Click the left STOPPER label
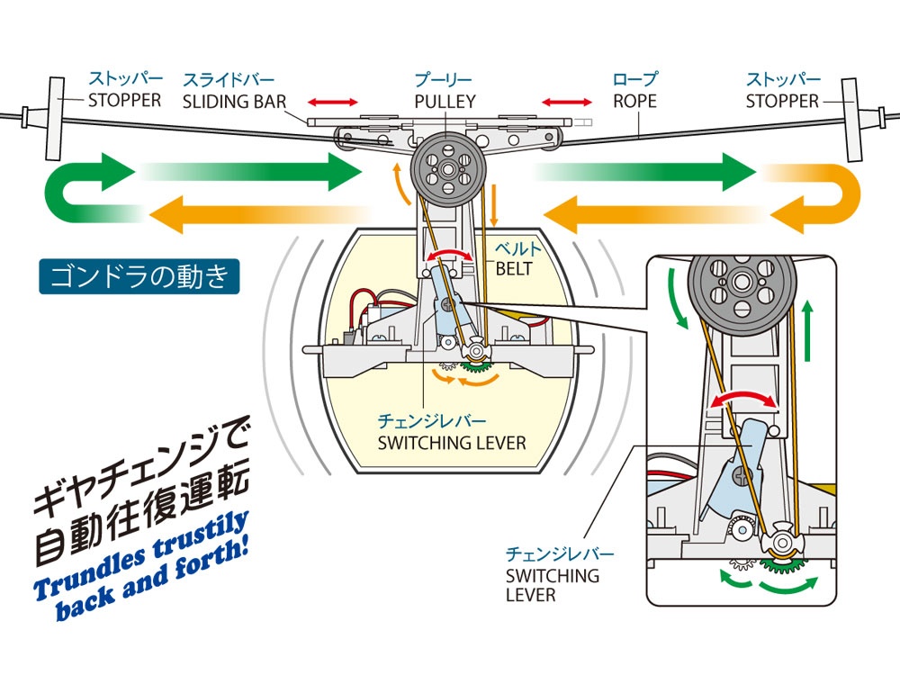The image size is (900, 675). (124, 100)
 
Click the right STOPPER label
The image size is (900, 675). (782, 101)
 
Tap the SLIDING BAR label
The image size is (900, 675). (234, 102)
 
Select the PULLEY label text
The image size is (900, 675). (445, 102)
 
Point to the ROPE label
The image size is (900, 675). (634, 101)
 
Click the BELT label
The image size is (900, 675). (514, 268)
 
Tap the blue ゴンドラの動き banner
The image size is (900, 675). (139, 276)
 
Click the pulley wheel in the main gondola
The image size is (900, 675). (448, 169)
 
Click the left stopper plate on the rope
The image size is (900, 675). (56, 118)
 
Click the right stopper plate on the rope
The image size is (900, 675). (851, 120)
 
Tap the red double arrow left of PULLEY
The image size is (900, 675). (332, 103)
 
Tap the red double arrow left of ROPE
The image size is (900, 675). (566, 103)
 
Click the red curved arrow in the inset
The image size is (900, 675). (744, 396)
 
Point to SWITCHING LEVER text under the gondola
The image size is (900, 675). (452, 443)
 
